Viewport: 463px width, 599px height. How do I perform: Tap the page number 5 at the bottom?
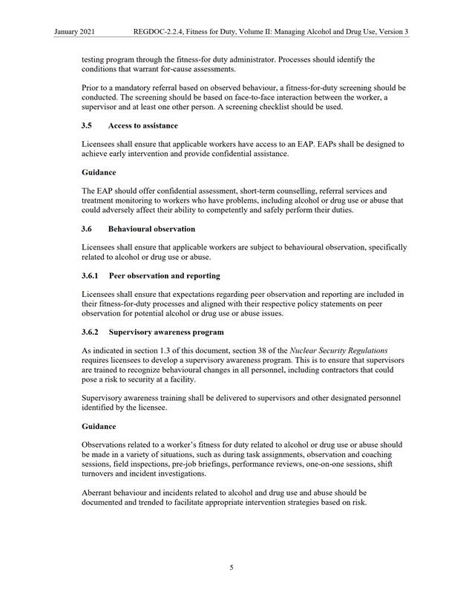click(231, 569)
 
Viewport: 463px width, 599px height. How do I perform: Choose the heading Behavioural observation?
click(151, 229)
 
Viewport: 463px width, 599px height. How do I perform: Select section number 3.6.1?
click(91, 275)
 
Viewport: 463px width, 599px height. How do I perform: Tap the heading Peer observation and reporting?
click(164, 275)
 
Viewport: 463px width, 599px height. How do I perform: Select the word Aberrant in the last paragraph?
click(99, 491)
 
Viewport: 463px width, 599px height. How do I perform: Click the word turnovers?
click(103, 473)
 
